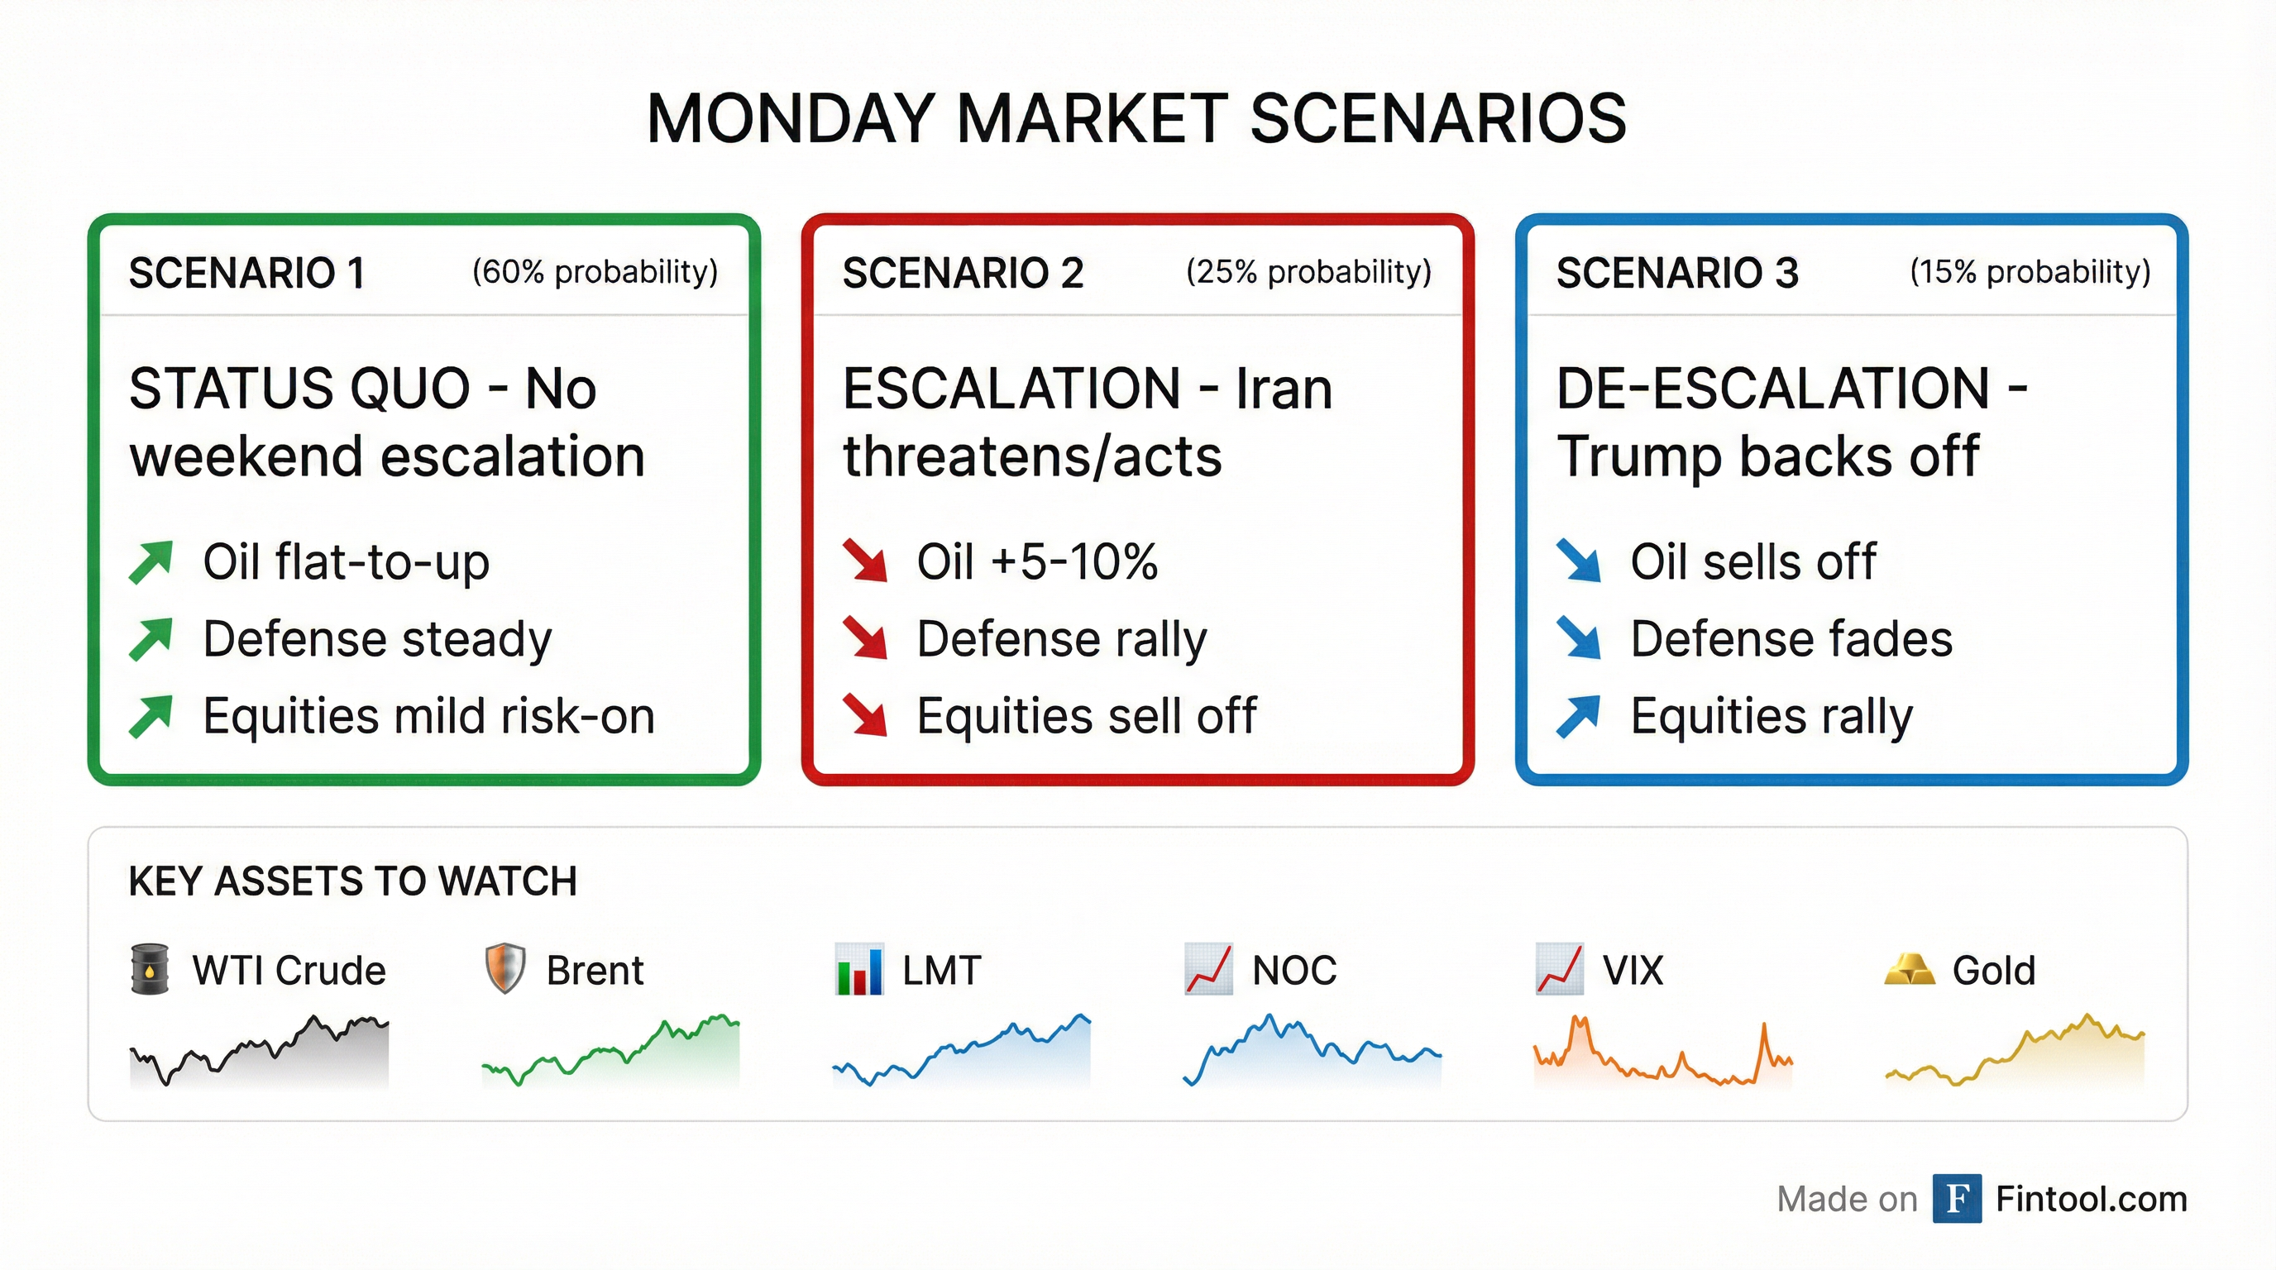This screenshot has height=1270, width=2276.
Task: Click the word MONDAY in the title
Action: [x=790, y=118]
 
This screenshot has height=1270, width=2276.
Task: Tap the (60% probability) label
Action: [x=595, y=272]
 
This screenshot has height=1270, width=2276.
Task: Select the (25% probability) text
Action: [x=1308, y=272]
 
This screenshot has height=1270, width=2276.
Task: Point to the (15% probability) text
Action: [x=2030, y=272]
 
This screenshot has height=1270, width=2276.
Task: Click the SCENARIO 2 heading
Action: [x=962, y=273]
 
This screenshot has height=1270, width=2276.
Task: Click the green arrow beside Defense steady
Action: [x=151, y=639]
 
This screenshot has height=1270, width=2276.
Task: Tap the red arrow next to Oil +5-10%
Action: [x=864, y=561]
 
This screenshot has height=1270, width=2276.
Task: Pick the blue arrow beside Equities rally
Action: [x=1578, y=716]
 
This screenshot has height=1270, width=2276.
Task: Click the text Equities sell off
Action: [x=1086, y=715]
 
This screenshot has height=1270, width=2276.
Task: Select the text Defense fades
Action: [x=1791, y=638]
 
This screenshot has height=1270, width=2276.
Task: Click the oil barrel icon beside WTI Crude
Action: [x=150, y=970]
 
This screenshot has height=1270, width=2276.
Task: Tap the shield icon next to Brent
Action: [x=505, y=970]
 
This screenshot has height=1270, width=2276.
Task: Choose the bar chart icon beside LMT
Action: [x=858, y=970]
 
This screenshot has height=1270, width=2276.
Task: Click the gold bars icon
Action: [x=1910, y=970]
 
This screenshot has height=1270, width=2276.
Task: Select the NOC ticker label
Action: [x=1293, y=971]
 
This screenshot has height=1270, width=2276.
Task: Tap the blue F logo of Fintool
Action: [x=1956, y=1198]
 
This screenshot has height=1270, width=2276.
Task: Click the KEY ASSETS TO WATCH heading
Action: [x=352, y=881]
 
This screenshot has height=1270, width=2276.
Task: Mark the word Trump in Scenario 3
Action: [x=1639, y=456]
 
